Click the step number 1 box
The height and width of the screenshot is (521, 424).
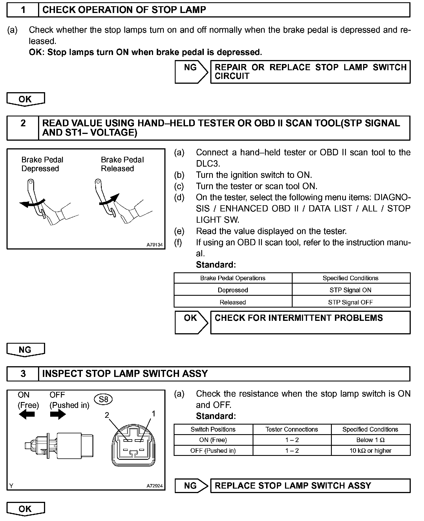coord(23,10)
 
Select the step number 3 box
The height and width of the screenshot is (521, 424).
coord(23,374)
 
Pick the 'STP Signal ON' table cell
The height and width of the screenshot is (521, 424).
coord(351,290)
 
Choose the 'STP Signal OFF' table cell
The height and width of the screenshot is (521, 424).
coord(351,302)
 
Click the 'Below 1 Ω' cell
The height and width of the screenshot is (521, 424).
coord(370,440)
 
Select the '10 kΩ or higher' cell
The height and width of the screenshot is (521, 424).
coord(370,451)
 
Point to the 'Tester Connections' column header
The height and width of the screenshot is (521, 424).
coord(292,429)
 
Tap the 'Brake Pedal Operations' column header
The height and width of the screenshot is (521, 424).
coord(233,278)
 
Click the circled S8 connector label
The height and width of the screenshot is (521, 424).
coord(103,399)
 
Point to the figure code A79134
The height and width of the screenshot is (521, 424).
coord(154,245)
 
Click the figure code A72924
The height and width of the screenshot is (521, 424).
coord(154,486)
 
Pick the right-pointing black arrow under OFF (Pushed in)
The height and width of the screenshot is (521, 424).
coord(58,414)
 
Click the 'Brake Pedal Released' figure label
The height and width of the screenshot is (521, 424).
coord(122,164)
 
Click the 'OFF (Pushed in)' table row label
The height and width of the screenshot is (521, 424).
coord(213,451)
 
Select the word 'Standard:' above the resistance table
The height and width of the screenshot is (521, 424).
coord(216,416)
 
